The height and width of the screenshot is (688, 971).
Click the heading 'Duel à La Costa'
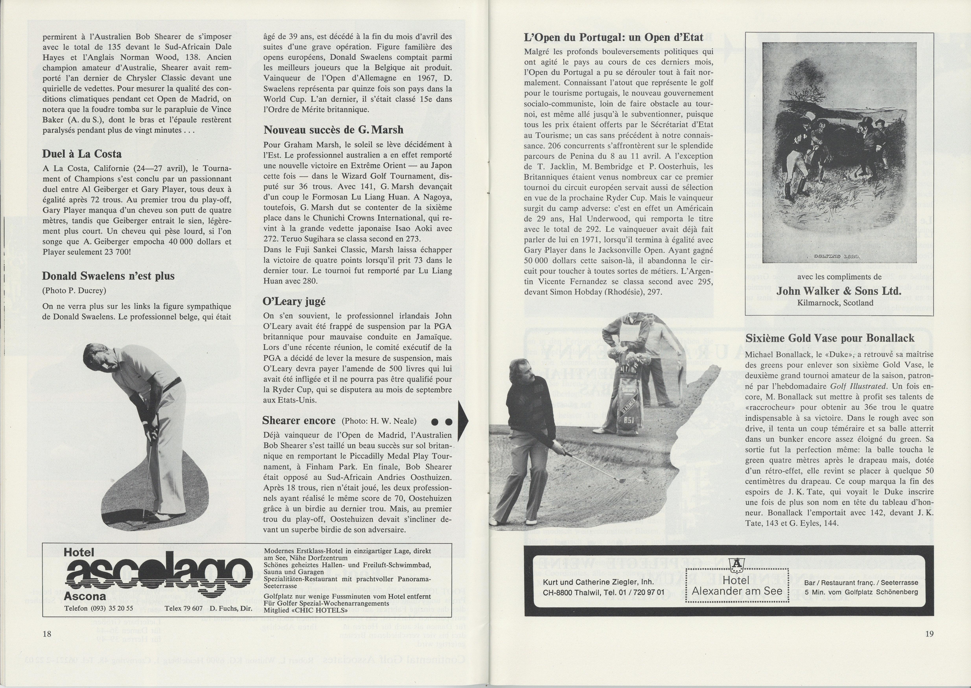tap(82, 154)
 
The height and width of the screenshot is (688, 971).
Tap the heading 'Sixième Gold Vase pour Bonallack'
tap(830, 338)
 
